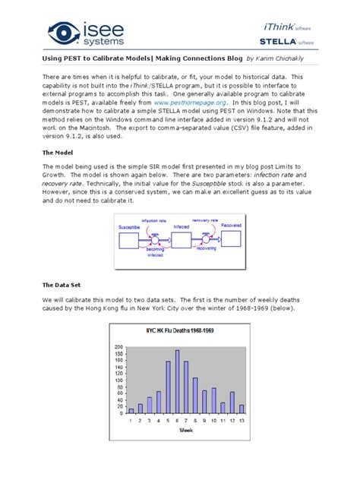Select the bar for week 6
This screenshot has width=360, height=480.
pyautogui.click(x=177, y=381)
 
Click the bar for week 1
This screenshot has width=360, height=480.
pyautogui.click(x=131, y=410)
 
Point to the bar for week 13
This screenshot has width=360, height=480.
pyautogui.click(x=242, y=409)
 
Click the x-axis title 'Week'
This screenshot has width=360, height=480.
pyautogui.click(x=186, y=430)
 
